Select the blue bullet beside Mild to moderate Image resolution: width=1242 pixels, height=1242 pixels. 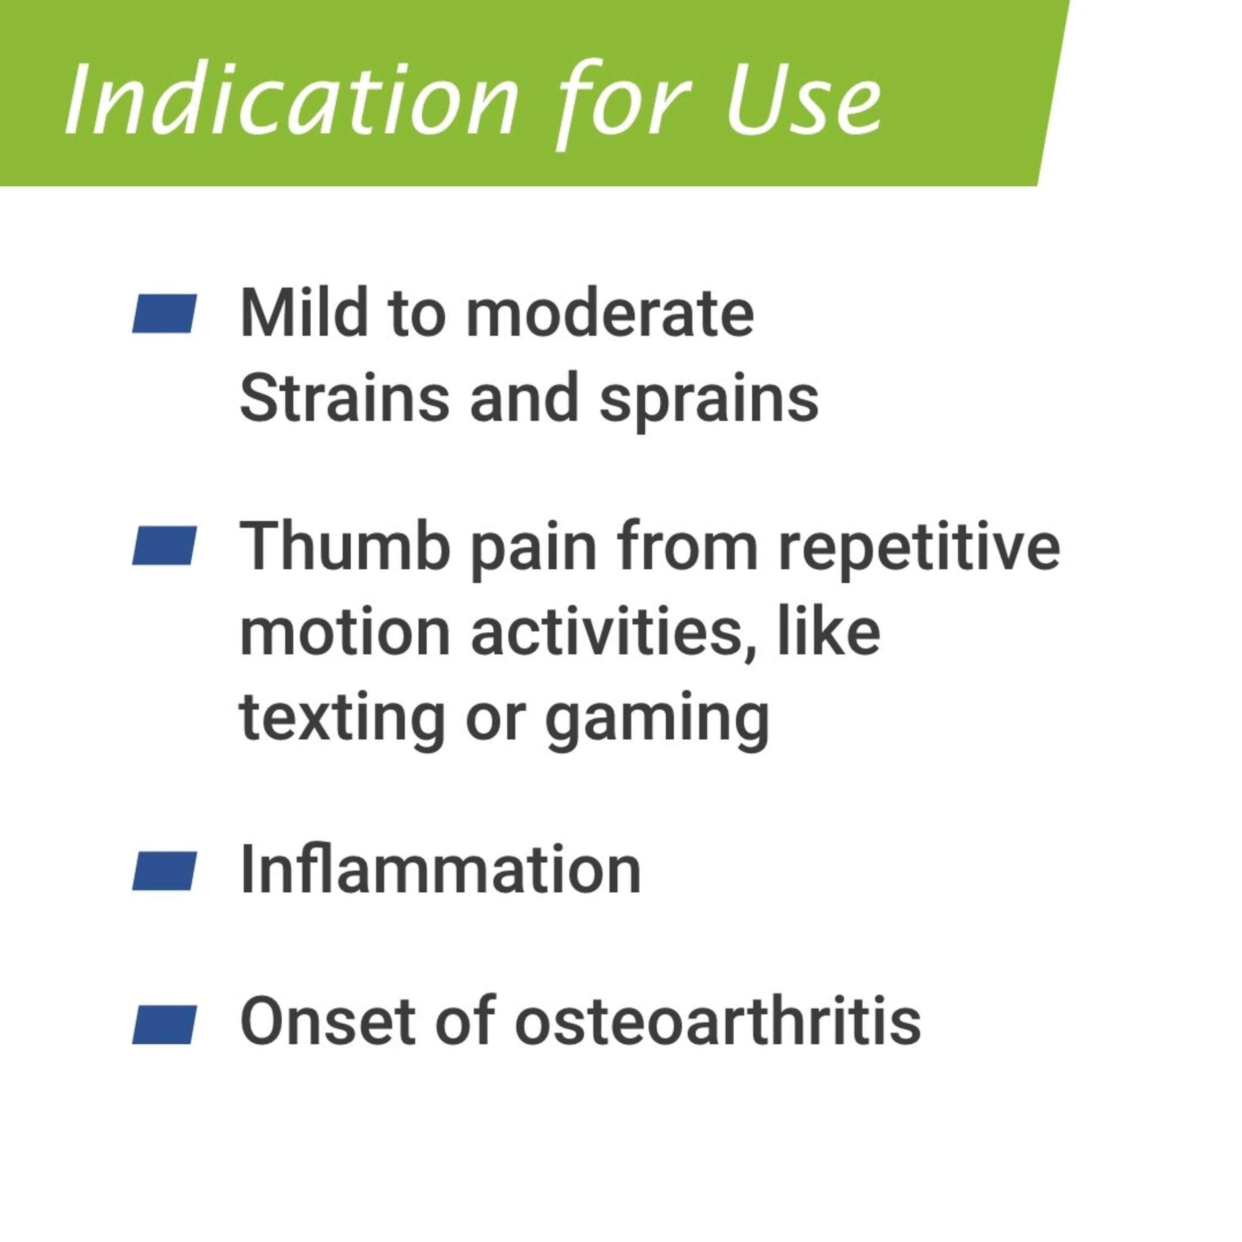(164, 313)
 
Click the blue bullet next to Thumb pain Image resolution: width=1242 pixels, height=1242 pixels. (164, 546)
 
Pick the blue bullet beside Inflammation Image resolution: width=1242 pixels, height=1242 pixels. (164, 871)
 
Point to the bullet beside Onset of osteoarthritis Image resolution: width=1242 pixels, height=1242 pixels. (164, 1025)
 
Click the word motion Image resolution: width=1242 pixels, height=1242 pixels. (345, 632)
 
